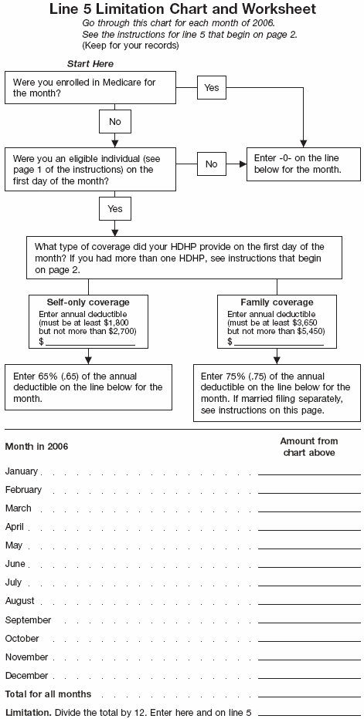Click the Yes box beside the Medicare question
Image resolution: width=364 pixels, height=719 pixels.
pos(212,88)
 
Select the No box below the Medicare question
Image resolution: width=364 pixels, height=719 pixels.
pos(114,122)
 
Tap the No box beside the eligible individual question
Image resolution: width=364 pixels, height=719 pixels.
pos(212,164)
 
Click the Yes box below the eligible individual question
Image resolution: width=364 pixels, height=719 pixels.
pos(114,208)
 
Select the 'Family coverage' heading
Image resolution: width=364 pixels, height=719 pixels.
pos(277,302)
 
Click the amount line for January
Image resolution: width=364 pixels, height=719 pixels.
pos(309,471)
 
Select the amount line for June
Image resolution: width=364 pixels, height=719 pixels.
pos(309,565)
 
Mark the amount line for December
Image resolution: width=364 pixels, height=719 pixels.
pos(309,677)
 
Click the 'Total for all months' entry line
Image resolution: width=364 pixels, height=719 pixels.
pos(309,695)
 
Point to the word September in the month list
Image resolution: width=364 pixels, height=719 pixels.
pos(28,620)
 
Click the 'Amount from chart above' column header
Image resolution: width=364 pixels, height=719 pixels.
pos(307,447)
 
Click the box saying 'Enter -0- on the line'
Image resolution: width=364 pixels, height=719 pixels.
pos(303,164)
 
